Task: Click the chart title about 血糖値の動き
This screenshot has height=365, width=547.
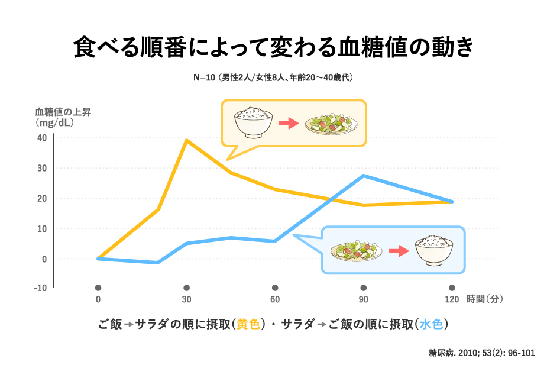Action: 273,48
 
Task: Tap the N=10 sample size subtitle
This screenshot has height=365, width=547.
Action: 273,78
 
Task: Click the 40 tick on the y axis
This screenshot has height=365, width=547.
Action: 41,138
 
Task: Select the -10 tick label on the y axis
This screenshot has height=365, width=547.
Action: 40,288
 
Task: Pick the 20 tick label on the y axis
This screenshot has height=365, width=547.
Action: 41,198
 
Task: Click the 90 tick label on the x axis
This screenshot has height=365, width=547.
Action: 364,299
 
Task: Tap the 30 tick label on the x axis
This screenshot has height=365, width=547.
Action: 186,299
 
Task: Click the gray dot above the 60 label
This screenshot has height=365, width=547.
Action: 275,288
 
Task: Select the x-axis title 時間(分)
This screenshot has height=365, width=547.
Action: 485,299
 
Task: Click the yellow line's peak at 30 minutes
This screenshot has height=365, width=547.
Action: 186,140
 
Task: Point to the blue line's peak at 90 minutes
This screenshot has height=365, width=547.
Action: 364,176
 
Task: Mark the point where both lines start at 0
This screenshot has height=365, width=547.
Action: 98,259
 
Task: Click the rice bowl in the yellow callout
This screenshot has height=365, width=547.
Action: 253,122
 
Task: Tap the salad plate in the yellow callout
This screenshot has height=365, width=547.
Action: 331,123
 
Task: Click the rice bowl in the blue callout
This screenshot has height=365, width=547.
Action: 435,250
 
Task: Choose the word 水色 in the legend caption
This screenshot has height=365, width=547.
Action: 431,324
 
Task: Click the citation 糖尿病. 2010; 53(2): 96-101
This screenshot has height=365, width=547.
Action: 481,353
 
